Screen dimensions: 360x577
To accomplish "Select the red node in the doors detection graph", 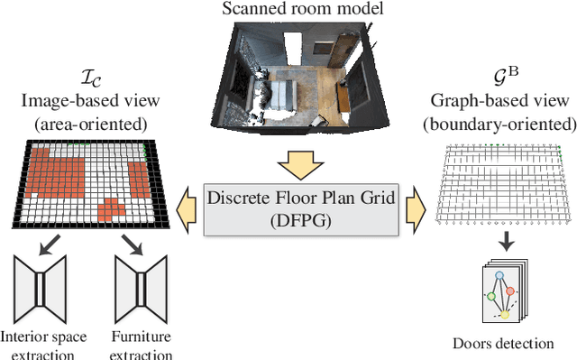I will (x=509, y=291).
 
